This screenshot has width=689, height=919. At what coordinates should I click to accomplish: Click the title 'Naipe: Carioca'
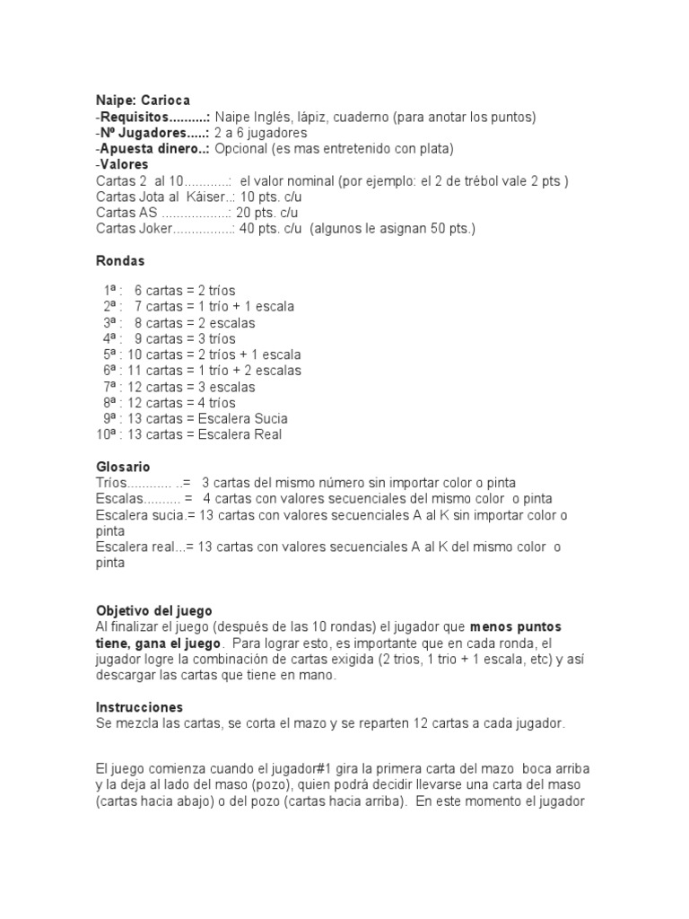(143, 101)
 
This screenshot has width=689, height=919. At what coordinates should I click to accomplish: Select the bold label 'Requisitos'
(134, 117)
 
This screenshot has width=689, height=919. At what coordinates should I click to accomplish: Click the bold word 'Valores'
(125, 165)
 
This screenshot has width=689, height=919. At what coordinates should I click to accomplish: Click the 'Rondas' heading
(120, 261)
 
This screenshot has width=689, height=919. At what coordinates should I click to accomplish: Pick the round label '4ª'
(110, 338)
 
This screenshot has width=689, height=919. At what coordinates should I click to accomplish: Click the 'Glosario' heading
(123, 467)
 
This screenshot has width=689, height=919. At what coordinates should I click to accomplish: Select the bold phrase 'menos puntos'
(516, 626)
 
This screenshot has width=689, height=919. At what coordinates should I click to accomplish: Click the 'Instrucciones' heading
(139, 707)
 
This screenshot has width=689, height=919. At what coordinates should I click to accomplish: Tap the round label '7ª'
(110, 387)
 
